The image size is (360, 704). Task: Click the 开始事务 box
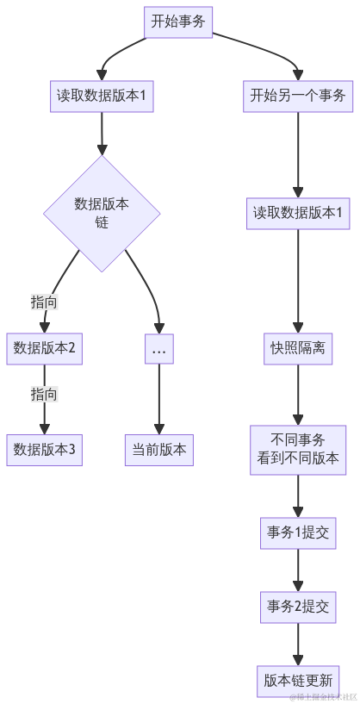[x=178, y=22]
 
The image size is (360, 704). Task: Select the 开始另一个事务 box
[x=297, y=96]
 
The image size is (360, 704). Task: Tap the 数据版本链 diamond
[x=102, y=212]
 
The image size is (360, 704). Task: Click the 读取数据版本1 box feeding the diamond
[x=102, y=96]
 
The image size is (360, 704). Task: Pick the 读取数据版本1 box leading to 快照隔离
[x=297, y=213]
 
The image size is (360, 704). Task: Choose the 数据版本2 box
[x=44, y=349]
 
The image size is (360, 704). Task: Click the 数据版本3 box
[x=44, y=450]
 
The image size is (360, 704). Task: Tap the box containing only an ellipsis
[x=158, y=349]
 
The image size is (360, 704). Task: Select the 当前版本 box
[x=158, y=450]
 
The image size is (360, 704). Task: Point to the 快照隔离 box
[x=297, y=349]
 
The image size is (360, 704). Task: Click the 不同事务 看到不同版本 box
[x=297, y=450]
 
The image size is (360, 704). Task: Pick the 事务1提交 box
[x=297, y=533]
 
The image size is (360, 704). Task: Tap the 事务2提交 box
[x=297, y=607]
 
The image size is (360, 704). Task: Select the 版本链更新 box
[x=297, y=679]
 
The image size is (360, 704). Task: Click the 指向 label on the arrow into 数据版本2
[x=44, y=302]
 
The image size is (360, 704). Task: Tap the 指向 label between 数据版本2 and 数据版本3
[x=44, y=395]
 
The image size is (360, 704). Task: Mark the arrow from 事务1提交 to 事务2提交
[x=297, y=570]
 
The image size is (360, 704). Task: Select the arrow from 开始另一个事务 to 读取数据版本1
[x=297, y=155]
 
